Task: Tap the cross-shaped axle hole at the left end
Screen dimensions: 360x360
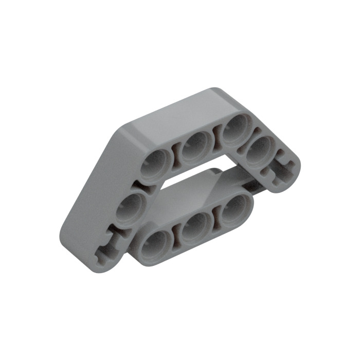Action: (x=111, y=245)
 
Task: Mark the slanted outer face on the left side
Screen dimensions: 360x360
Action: (x=93, y=185)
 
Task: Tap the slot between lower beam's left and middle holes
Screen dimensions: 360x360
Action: (x=176, y=235)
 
